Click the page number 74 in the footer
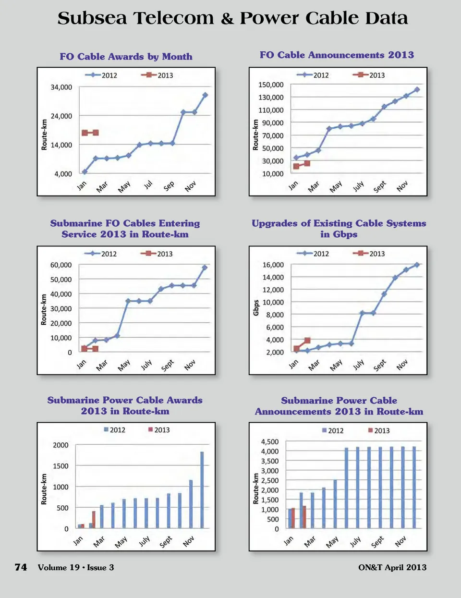(21, 567)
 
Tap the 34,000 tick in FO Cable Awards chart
(61, 87)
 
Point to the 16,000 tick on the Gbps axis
(273, 265)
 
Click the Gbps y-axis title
(256, 308)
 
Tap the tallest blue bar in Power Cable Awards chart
(202, 489)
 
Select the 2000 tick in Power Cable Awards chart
(61, 445)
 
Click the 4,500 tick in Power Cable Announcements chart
(269, 442)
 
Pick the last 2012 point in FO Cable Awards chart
(205, 95)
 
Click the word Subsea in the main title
(92, 19)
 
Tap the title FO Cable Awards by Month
(126, 57)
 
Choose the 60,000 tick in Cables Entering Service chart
(61, 265)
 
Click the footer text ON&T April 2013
(392, 567)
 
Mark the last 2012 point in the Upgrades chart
(417, 265)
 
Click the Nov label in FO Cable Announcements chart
(402, 186)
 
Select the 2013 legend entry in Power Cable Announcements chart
(379, 430)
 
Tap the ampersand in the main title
(227, 19)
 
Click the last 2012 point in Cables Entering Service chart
(205, 268)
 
